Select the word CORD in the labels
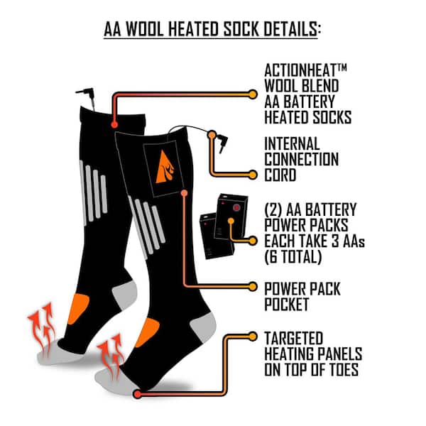tap(280, 175)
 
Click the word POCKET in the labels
tap(287, 305)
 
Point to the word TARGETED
tap(294, 338)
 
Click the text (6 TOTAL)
tap(293, 257)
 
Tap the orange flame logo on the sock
tap(165, 167)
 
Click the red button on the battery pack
tap(236, 208)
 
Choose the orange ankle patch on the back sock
tap(78, 309)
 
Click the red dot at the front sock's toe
tap(138, 394)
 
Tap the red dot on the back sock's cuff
tap(114, 125)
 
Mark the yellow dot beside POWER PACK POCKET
tap(253, 287)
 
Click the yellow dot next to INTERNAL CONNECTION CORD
tap(253, 175)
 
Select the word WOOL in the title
tap(145, 29)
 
